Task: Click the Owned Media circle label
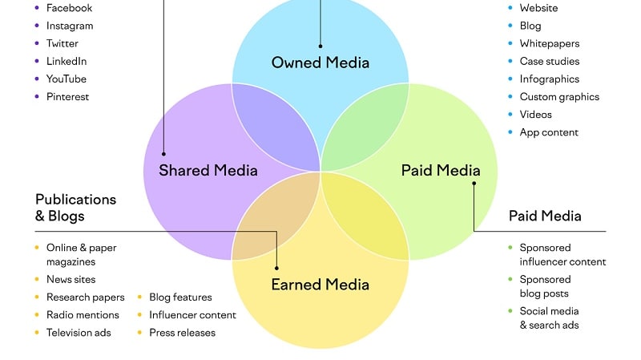pyautogui.click(x=320, y=63)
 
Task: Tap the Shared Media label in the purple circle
pyautogui.click(x=208, y=170)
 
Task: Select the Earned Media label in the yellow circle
pyautogui.click(x=320, y=285)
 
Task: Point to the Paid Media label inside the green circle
pyautogui.click(x=441, y=170)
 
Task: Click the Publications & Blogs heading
pyautogui.click(x=75, y=208)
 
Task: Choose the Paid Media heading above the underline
pyautogui.click(x=545, y=216)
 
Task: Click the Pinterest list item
pyautogui.click(x=67, y=96)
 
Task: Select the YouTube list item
pyautogui.click(x=67, y=79)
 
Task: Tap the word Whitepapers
pyautogui.click(x=550, y=43)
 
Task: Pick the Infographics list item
pyautogui.click(x=550, y=79)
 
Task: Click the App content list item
pyautogui.click(x=549, y=132)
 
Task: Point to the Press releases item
pyautogui.click(x=183, y=333)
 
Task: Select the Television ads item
pyautogui.click(x=79, y=333)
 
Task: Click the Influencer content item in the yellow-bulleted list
pyautogui.click(x=192, y=315)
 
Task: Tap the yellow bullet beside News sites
pyautogui.click(x=37, y=279)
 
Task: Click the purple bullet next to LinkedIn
pyautogui.click(x=37, y=61)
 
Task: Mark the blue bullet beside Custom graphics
pyautogui.click(x=510, y=96)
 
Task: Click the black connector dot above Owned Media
pyautogui.click(x=320, y=47)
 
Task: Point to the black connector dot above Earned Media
pyautogui.click(x=276, y=269)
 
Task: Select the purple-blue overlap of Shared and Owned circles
pyautogui.click(x=275, y=127)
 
